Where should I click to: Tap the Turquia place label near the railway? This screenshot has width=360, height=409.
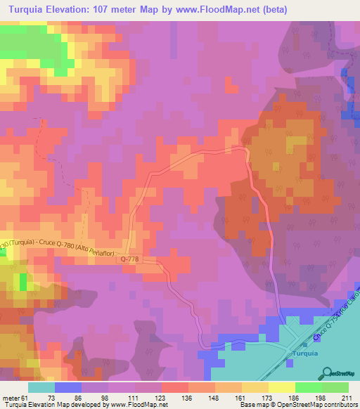pos(305,353)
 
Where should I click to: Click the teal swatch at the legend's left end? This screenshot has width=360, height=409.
pos(41,387)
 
